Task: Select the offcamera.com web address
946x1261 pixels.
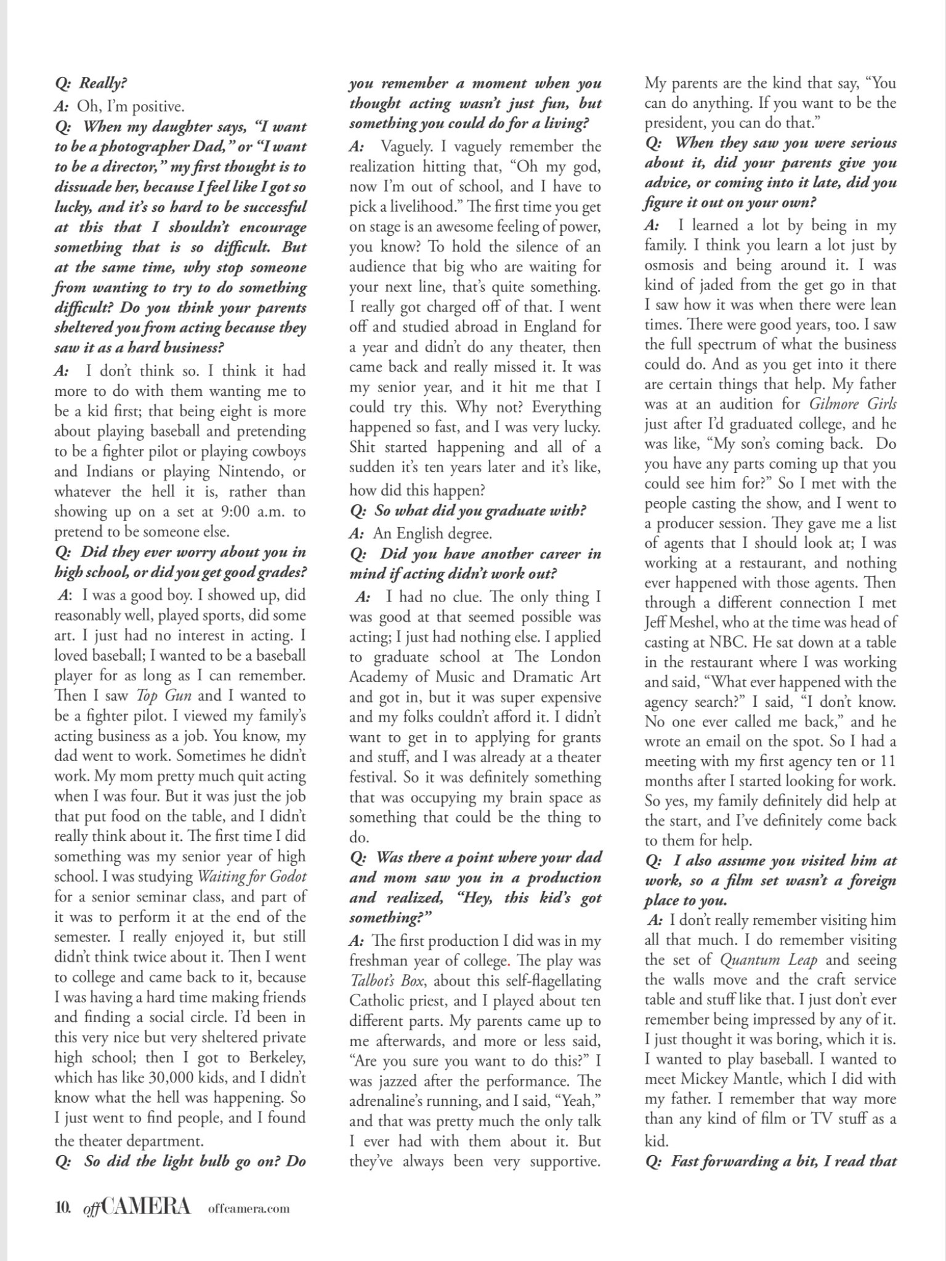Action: click(x=249, y=1209)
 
